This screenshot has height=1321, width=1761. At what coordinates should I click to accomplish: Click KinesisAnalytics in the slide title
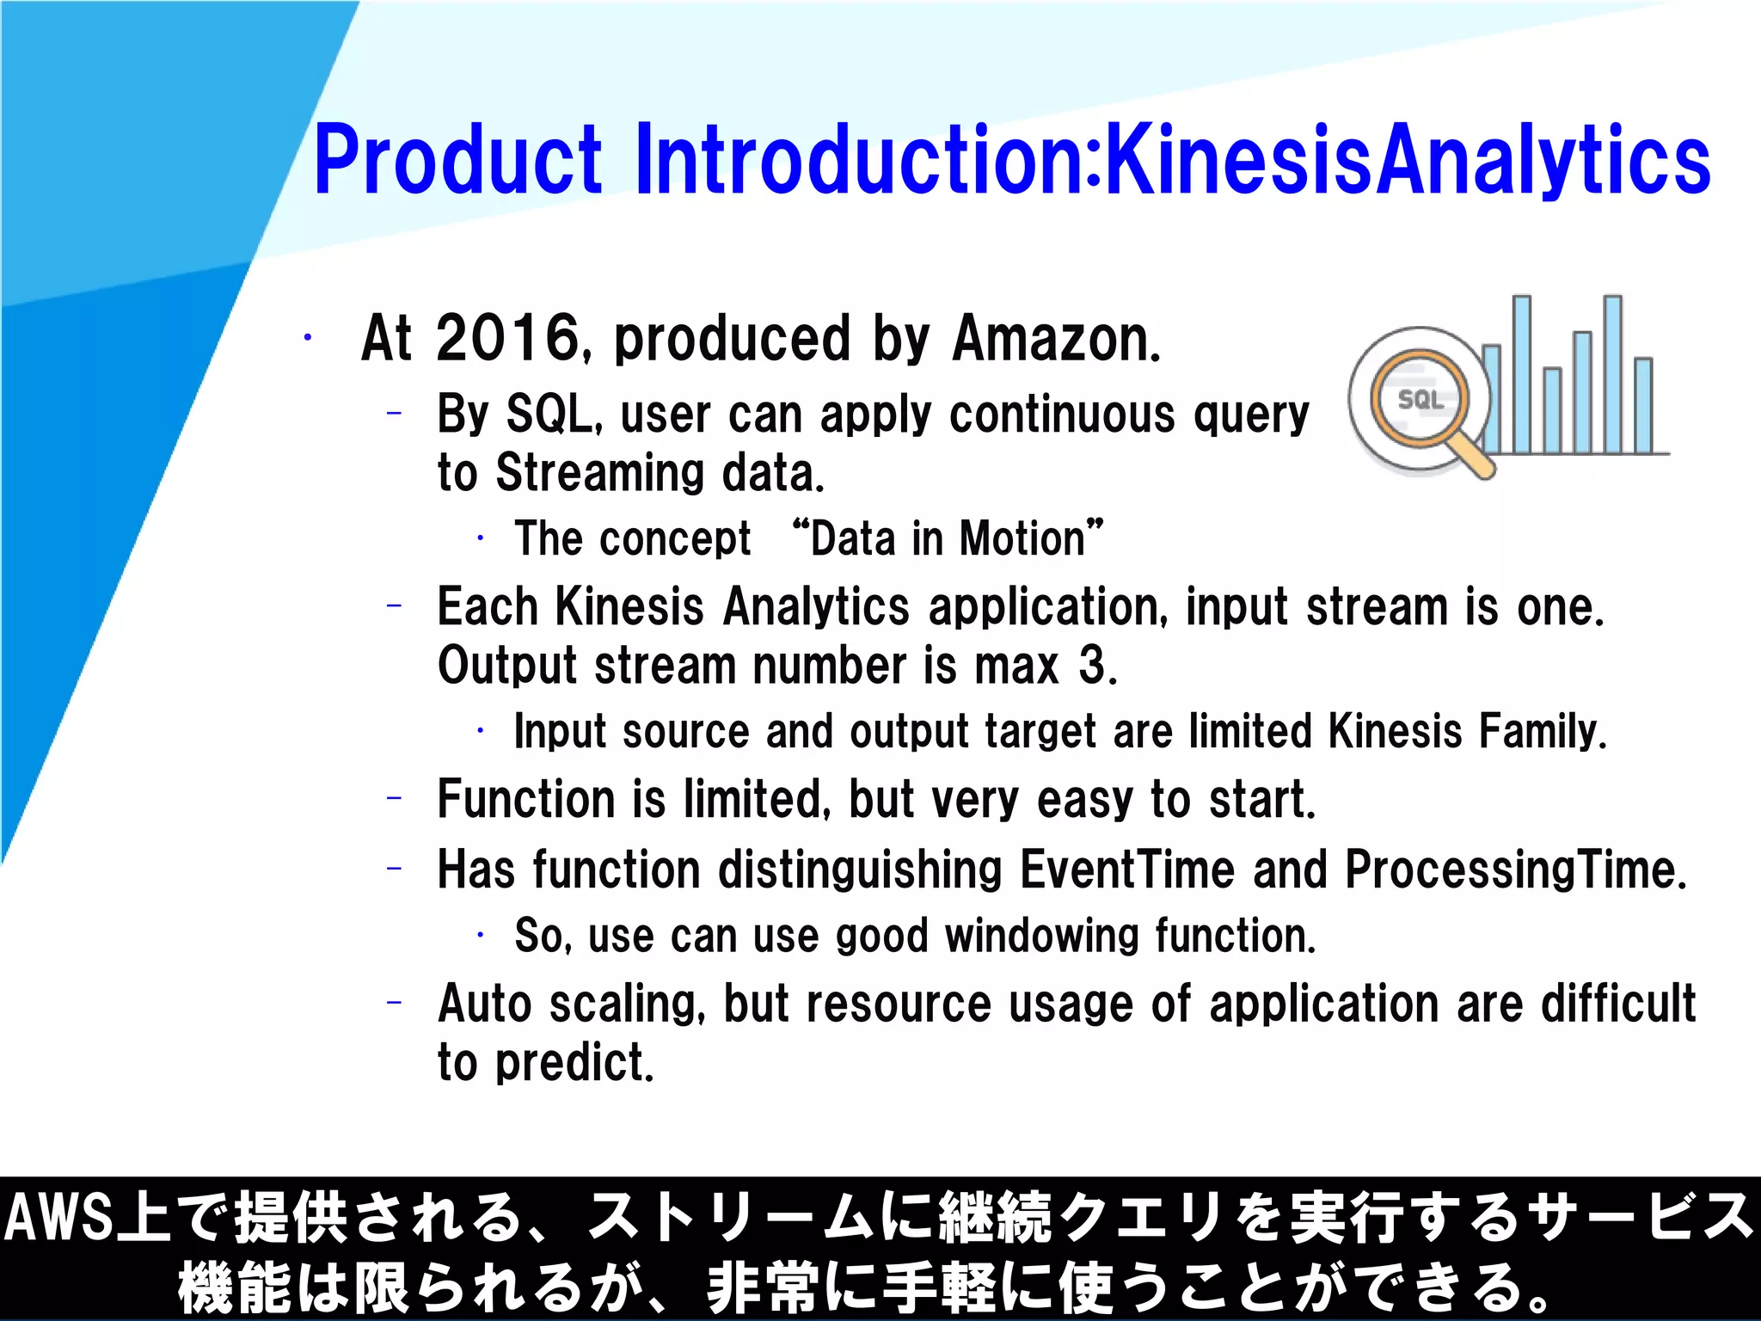[x=1407, y=160]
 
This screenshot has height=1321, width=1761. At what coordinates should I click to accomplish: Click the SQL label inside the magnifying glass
[x=1420, y=400]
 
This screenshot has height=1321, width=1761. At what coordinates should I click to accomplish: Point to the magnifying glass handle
[x=1476, y=458]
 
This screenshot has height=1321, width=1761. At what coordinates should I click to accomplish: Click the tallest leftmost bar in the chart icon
[x=1521, y=374]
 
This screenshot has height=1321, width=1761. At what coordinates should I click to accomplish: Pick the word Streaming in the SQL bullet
[x=599, y=472]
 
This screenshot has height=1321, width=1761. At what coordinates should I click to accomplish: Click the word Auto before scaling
[x=484, y=1004]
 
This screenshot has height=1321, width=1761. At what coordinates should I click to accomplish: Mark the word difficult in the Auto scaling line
[x=1617, y=1004]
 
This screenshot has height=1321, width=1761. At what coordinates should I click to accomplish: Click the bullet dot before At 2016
[x=307, y=338]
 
